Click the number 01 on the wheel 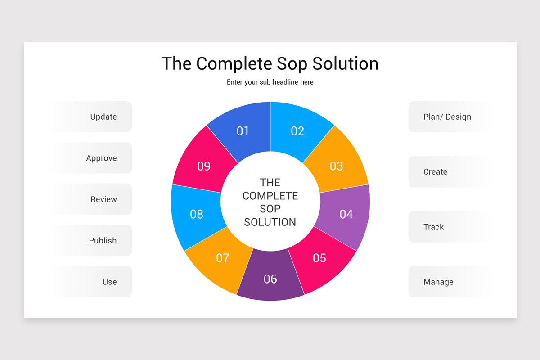(243, 131)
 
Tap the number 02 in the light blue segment (297, 131)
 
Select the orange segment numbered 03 (337, 166)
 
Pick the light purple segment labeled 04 (346, 214)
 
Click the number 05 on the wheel (319, 258)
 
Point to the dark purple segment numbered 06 (270, 279)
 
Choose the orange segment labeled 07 (222, 258)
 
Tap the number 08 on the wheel (197, 214)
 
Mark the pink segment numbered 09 (204, 166)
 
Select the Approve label (101, 158)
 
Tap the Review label (103, 199)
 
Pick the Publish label (103, 241)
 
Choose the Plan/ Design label (447, 117)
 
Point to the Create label (435, 172)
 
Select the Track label (433, 227)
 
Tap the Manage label (438, 282)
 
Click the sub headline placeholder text (270, 82)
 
